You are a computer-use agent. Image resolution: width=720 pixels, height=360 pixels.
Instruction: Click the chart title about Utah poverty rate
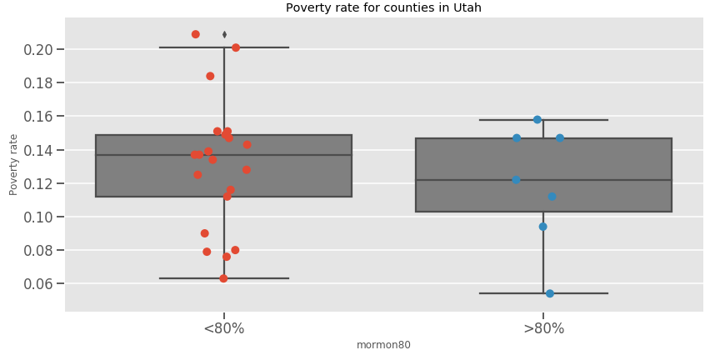[383, 8]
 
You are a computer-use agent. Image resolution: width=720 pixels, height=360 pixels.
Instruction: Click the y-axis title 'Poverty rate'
[13, 164]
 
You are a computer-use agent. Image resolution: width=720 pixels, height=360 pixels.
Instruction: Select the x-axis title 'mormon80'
[383, 345]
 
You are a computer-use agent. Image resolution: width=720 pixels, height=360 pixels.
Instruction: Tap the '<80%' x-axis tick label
[224, 328]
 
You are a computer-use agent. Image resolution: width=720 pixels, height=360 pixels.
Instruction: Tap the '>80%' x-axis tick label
[543, 328]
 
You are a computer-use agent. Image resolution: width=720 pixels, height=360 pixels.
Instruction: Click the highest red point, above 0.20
[196, 34]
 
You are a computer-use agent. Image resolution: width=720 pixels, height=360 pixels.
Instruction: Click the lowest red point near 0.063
[223, 278]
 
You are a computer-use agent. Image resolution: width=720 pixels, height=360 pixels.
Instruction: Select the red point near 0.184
[210, 76]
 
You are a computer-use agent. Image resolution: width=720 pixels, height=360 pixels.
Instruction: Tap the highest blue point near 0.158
[537, 120]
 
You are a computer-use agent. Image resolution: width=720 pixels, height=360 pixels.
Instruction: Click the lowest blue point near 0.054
[550, 293]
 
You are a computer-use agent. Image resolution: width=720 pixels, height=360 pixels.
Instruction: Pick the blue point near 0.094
[542, 227]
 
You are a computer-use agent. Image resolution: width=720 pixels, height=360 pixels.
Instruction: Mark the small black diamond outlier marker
[224, 34]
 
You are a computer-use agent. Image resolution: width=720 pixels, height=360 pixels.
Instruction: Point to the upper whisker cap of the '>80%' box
[583, 120]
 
